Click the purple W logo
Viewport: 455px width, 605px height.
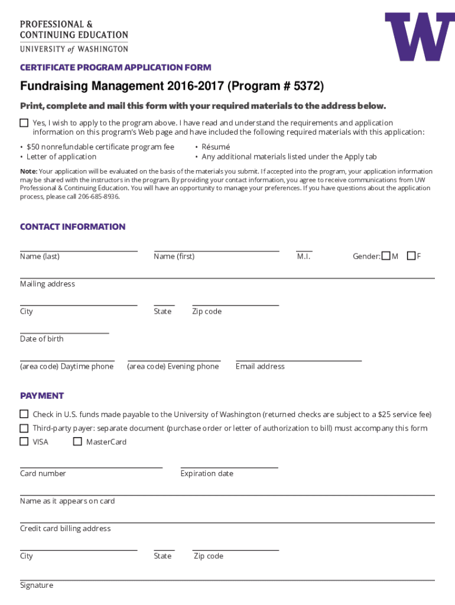(x=420, y=37)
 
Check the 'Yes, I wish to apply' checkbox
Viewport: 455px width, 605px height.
(x=24, y=123)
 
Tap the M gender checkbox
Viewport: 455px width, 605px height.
(x=386, y=256)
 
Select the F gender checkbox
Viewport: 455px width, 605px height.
(x=411, y=256)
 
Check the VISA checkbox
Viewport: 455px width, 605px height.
(x=24, y=441)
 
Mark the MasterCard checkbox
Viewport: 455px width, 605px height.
(x=77, y=441)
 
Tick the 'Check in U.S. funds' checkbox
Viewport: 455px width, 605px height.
(x=24, y=414)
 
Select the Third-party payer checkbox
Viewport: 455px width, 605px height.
(x=24, y=428)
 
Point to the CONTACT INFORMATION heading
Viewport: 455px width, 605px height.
(x=73, y=227)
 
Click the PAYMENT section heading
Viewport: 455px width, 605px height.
(x=42, y=396)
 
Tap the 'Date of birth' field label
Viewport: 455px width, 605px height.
(x=42, y=339)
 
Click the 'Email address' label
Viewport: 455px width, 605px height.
(x=260, y=367)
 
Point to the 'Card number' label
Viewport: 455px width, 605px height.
(x=43, y=474)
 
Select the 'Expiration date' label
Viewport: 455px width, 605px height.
(x=207, y=474)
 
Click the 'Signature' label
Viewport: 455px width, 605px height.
(x=37, y=586)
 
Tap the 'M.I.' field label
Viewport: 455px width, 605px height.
(x=304, y=256)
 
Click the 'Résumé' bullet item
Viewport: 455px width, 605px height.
(x=216, y=147)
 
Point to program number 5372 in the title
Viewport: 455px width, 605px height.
(x=304, y=87)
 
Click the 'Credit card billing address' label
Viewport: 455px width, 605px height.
(x=66, y=529)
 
